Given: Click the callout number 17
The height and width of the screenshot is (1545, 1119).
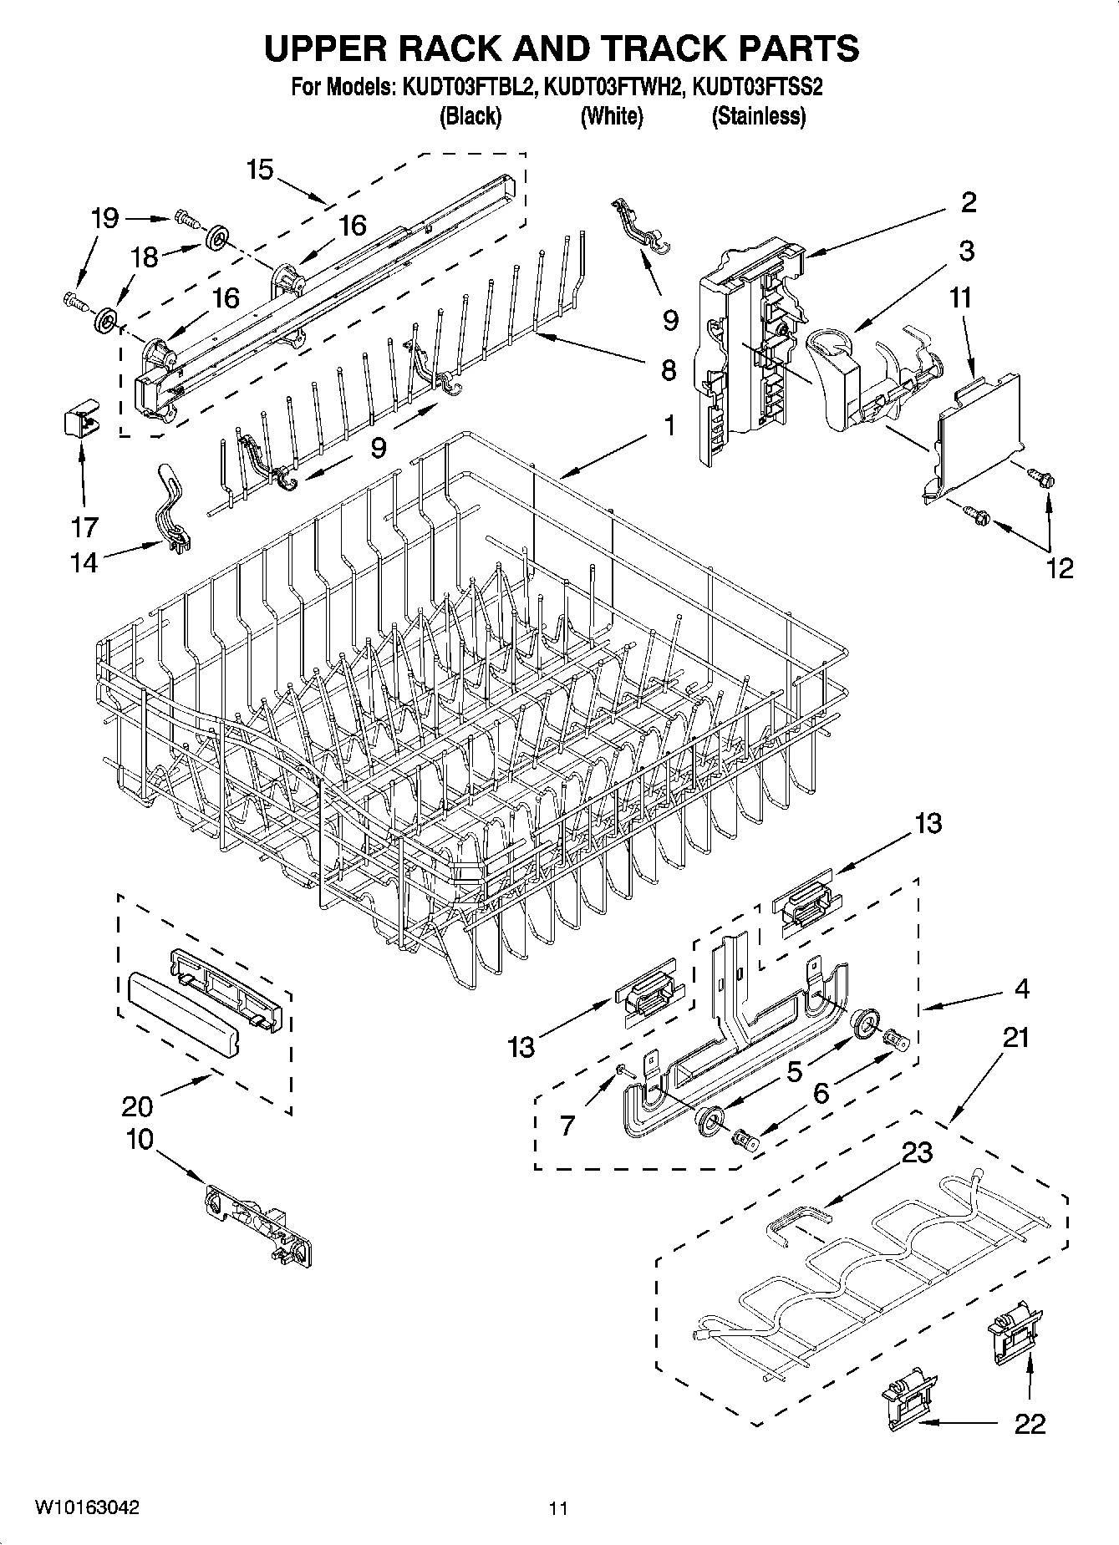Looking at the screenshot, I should coord(84,526).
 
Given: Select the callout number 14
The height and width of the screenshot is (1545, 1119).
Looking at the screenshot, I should coord(84,562).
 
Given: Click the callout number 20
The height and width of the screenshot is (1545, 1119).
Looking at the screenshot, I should coord(137,1105).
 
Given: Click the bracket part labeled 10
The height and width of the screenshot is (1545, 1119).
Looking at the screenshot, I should coord(259,1225).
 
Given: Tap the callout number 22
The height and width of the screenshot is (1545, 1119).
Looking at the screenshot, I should coord(1030,1423).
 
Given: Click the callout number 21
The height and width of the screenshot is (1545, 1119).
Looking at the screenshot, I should coord(1015,1037).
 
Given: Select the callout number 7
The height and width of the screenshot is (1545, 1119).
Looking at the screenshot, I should coord(567,1125).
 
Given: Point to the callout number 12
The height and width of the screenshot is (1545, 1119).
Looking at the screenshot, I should coord(1059,568).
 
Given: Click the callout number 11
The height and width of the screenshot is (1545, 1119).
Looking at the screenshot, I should coord(961,297).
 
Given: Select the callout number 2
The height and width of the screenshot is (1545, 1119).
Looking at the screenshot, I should coord(969,201).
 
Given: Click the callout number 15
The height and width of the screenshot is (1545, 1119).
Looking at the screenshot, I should coord(260,170).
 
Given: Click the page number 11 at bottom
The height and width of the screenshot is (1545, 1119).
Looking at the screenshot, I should coord(558,1508).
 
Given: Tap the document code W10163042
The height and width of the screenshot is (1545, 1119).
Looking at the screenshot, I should coord(86,1507).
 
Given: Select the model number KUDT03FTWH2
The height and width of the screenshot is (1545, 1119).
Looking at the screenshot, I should coord(613,88).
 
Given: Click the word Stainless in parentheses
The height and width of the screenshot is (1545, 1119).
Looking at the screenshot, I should coord(758,116).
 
